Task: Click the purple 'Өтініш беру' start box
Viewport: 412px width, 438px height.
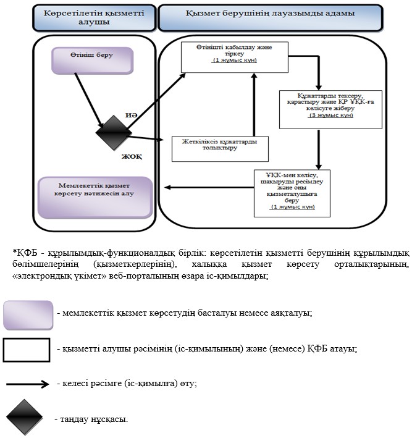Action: coord(93,61)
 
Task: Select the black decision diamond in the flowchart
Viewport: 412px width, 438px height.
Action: coord(114,133)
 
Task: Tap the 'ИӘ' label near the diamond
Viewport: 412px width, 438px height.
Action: coord(131,115)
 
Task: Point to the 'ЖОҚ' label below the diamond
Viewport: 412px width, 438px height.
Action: coord(132,156)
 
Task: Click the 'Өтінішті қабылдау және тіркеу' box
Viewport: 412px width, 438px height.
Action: coord(235,57)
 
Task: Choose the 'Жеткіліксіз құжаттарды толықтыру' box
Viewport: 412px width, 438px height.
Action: coord(220,149)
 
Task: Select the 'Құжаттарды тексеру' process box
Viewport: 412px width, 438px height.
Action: coord(330,109)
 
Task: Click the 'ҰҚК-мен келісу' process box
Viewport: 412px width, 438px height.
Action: coord(292,193)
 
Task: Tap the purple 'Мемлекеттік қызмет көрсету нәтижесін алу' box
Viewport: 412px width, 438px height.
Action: coord(95,197)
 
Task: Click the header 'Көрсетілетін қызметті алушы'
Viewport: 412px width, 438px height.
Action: coord(94,17)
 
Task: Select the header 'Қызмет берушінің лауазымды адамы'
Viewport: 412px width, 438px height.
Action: coord(271,17)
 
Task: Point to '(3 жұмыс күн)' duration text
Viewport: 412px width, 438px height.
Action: coord(330,115)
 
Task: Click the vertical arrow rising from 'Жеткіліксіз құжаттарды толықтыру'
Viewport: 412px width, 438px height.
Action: coord(254,104)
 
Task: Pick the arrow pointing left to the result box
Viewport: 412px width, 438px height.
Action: coord(209,187)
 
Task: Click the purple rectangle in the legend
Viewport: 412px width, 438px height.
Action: coord(28,315)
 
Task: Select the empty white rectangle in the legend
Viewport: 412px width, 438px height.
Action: coord(27,350)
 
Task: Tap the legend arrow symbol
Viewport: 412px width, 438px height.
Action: coord(28,384)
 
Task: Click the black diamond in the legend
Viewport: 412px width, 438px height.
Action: coord(24,417)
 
